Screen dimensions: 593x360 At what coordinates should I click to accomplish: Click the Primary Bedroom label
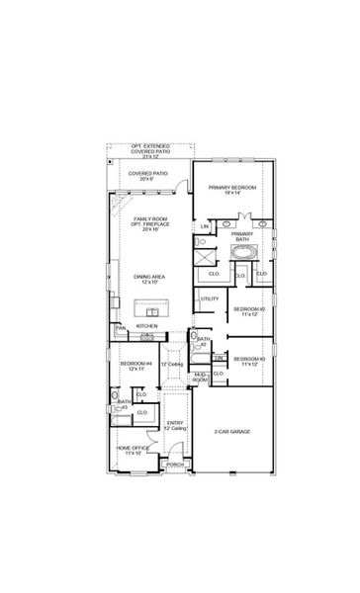point(232,188)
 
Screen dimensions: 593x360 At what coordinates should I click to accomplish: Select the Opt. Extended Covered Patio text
point(150,152)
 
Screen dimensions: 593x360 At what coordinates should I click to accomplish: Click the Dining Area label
point(148,278)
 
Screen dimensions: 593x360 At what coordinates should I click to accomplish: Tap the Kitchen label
point(147,326)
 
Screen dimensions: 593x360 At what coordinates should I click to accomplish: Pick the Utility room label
point(209,297)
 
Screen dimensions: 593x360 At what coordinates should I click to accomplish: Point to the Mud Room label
point(200,377)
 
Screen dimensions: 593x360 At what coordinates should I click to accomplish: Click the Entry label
point(173,425)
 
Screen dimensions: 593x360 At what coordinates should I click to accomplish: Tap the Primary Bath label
point(242,236)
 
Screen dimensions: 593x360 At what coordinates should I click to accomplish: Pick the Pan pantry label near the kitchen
point(120,328)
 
